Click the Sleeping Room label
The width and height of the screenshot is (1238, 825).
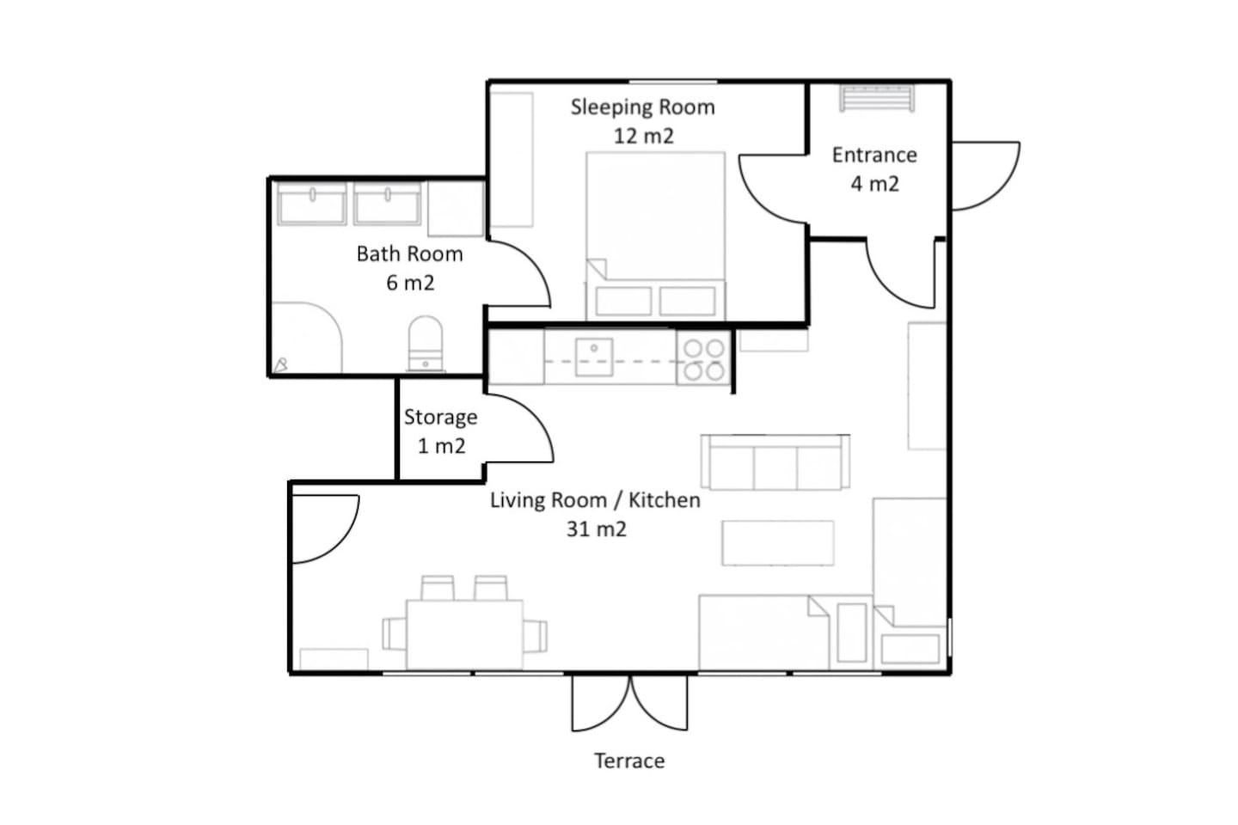pyautogui.click(x=643, y=107)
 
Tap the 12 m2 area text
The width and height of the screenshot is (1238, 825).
pyautogui.click(x=644, y=136)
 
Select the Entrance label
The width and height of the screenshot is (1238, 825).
pyautogui.click(x=874, y=156)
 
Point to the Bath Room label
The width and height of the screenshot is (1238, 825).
pyautogui.click(x=409, y=254)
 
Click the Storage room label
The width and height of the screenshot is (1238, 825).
pyautogui.click(x=440, y=417)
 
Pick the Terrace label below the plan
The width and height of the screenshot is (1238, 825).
pyautogui.click(x=629, y=761)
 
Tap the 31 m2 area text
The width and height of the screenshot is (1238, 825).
pyautogui.click(x=597, y=529)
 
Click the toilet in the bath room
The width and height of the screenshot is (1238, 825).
pyautogui.click(x=426, y=343)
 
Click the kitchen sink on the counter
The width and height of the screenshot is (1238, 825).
pyautogui.click(x=594, y=357)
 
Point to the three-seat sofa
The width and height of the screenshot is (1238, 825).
pyautogui.click(x=775, y=462)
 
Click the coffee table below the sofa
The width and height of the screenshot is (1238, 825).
pyautogui.click(x=777, y=542)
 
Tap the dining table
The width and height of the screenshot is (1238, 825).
pyautogui.click(x=465, y=634)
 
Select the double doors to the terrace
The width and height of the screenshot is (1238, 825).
pyautogui.click(x=630, y=703)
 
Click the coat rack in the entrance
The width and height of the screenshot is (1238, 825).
pyautogui.click(x=877, y=98)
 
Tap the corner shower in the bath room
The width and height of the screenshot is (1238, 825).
pyautogui.click(x=307, y=337)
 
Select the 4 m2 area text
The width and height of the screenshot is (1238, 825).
pyautogui.click(x=875, y=184)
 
